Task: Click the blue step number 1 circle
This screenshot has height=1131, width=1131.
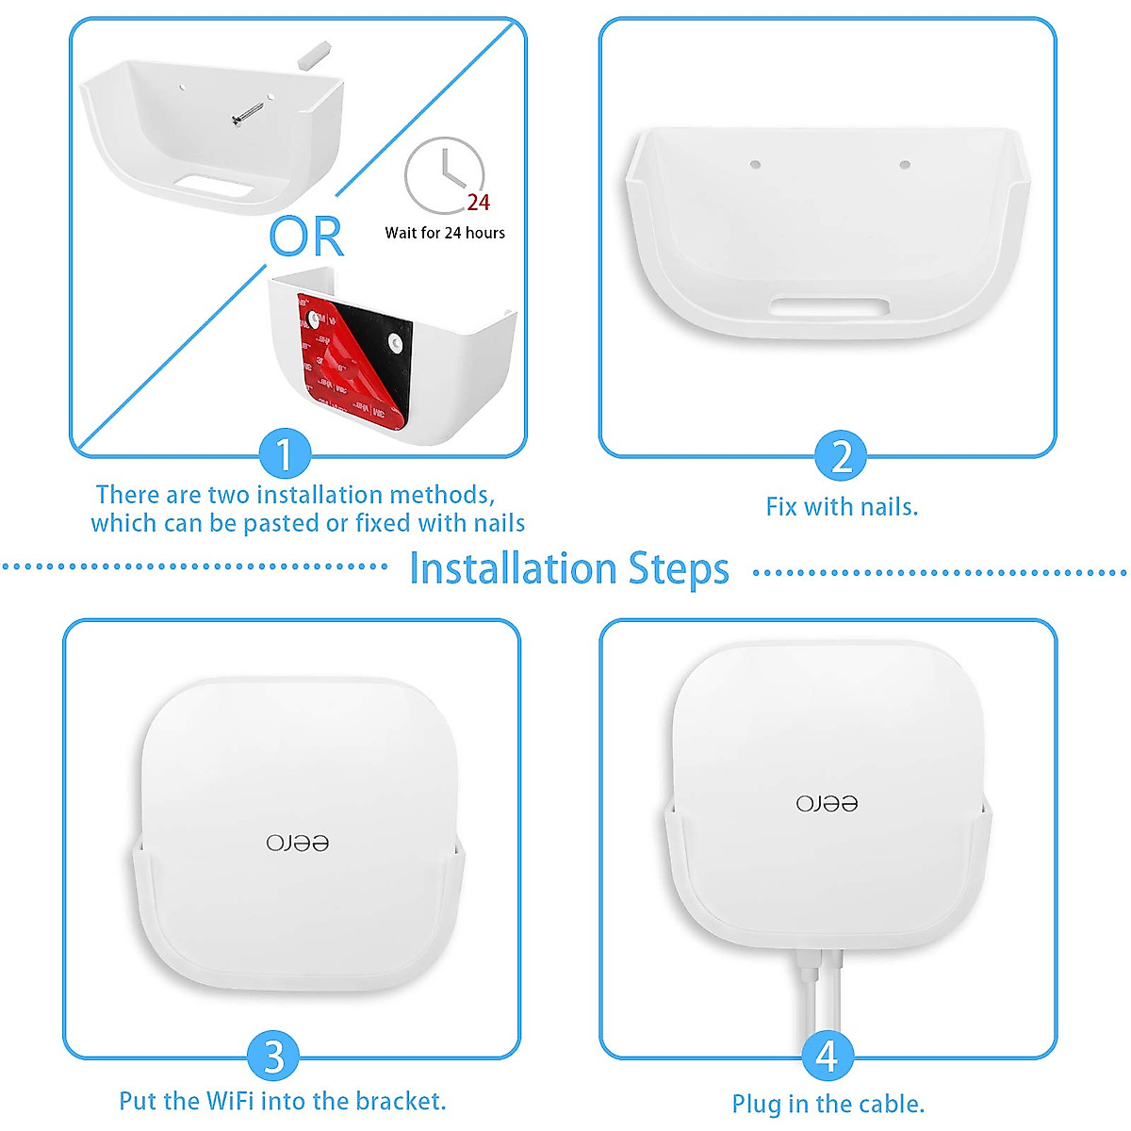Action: click(x=285, y=455)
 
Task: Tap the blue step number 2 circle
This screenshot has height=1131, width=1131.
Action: click(x=841, y=456)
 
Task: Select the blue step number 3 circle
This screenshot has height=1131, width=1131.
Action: click(x=273, y=1057)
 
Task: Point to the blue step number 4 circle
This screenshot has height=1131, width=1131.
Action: click(x=827, y=1057)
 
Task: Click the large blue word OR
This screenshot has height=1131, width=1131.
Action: click(x=306, y=237)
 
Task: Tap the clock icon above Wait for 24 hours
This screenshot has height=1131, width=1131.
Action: click(x=443, y=175)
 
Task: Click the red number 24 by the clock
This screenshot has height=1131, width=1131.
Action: click(x=479, y=203)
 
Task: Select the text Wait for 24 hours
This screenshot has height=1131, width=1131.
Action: click(x=445, y=233)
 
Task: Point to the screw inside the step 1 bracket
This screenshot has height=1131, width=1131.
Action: click(x=248, y=114)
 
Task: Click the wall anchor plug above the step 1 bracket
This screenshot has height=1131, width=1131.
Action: click(x=313, y=54)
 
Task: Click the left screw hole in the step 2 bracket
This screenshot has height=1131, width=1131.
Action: click(x=755, y=165)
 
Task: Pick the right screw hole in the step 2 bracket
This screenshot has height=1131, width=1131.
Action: click(x=905, y=165)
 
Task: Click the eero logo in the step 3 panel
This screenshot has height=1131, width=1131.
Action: click(x=298, y=842)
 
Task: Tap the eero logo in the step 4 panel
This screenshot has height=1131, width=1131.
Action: click(x=827, y=803)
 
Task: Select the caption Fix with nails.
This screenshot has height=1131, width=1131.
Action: click(x=842, y=507)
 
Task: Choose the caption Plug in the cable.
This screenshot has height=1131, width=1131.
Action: click(x=828, y=1104)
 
